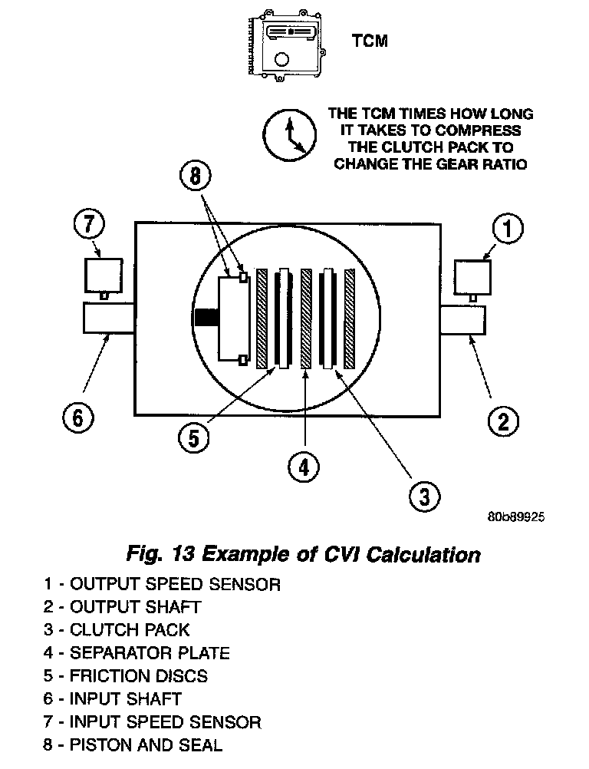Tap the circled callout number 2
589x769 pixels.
click(x=503, y=421)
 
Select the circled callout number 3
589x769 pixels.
click(x=423, y=496)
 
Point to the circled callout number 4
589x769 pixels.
click(x=304, y=465)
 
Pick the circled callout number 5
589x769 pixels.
click(x=192, y=437)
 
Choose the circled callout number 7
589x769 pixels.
click(x=89, y=226)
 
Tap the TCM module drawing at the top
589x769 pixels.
click(x=289, y=44)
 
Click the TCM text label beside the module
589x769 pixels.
click(x=370, y=41)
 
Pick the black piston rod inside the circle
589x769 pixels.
click(x=206, y=318)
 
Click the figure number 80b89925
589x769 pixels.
click(x=515, y=517)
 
